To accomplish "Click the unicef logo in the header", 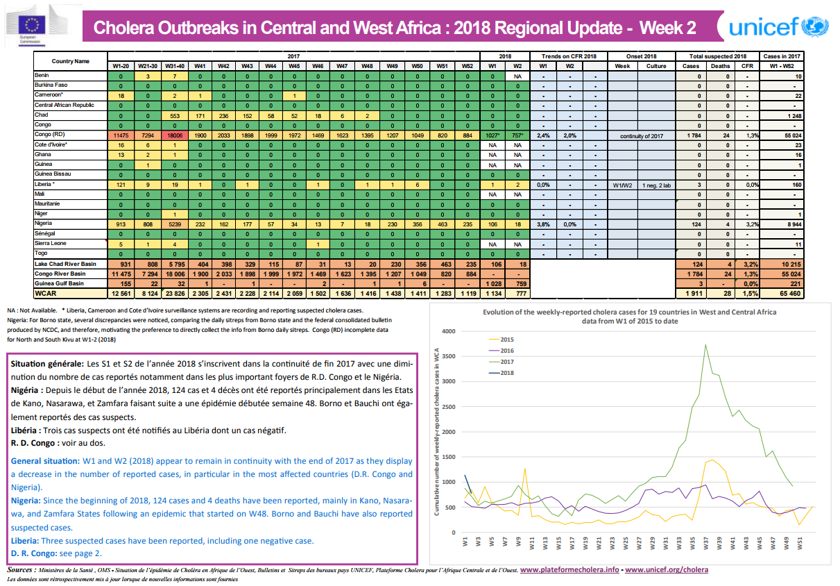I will click(x=777, y=27).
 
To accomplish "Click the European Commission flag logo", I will click(x=33, y=23).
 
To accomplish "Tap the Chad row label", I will click(x=41, y=115).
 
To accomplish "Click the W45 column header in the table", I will click(x=294, y=66).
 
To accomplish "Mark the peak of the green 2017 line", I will click(x=705, y=345).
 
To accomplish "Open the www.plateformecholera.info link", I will click(x=569, y=569).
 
